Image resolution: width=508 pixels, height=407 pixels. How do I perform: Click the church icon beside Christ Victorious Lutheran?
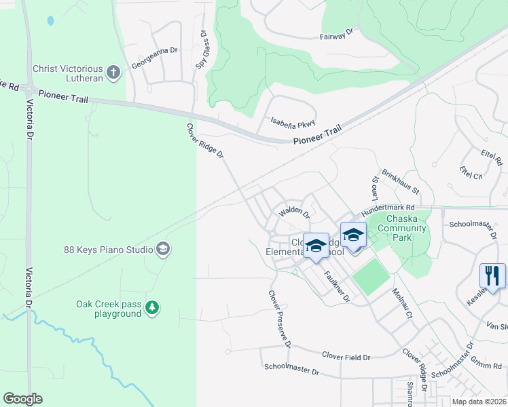click(114, 72)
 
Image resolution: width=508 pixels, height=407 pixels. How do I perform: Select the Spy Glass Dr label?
click(202, 50)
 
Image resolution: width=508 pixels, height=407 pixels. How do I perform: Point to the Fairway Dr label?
click(337, 32)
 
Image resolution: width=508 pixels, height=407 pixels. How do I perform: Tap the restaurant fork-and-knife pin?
click(492, 276)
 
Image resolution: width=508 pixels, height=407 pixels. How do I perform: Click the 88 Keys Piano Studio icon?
click(162, 250)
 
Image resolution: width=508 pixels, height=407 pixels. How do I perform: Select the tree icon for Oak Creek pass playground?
click(153, 309)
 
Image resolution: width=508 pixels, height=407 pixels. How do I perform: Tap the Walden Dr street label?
click(294, 214)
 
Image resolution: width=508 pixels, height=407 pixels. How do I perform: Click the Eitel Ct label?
click(470, 172)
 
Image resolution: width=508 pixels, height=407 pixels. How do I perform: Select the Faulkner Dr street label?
click(336, 286)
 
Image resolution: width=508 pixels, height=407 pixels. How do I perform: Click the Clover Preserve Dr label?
click(279, 319)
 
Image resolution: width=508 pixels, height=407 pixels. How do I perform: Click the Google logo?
click(22, 399)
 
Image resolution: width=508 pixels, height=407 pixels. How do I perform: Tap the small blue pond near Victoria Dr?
click(50, 21)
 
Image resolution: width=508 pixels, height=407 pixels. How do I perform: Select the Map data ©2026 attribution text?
click(479, 402)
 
